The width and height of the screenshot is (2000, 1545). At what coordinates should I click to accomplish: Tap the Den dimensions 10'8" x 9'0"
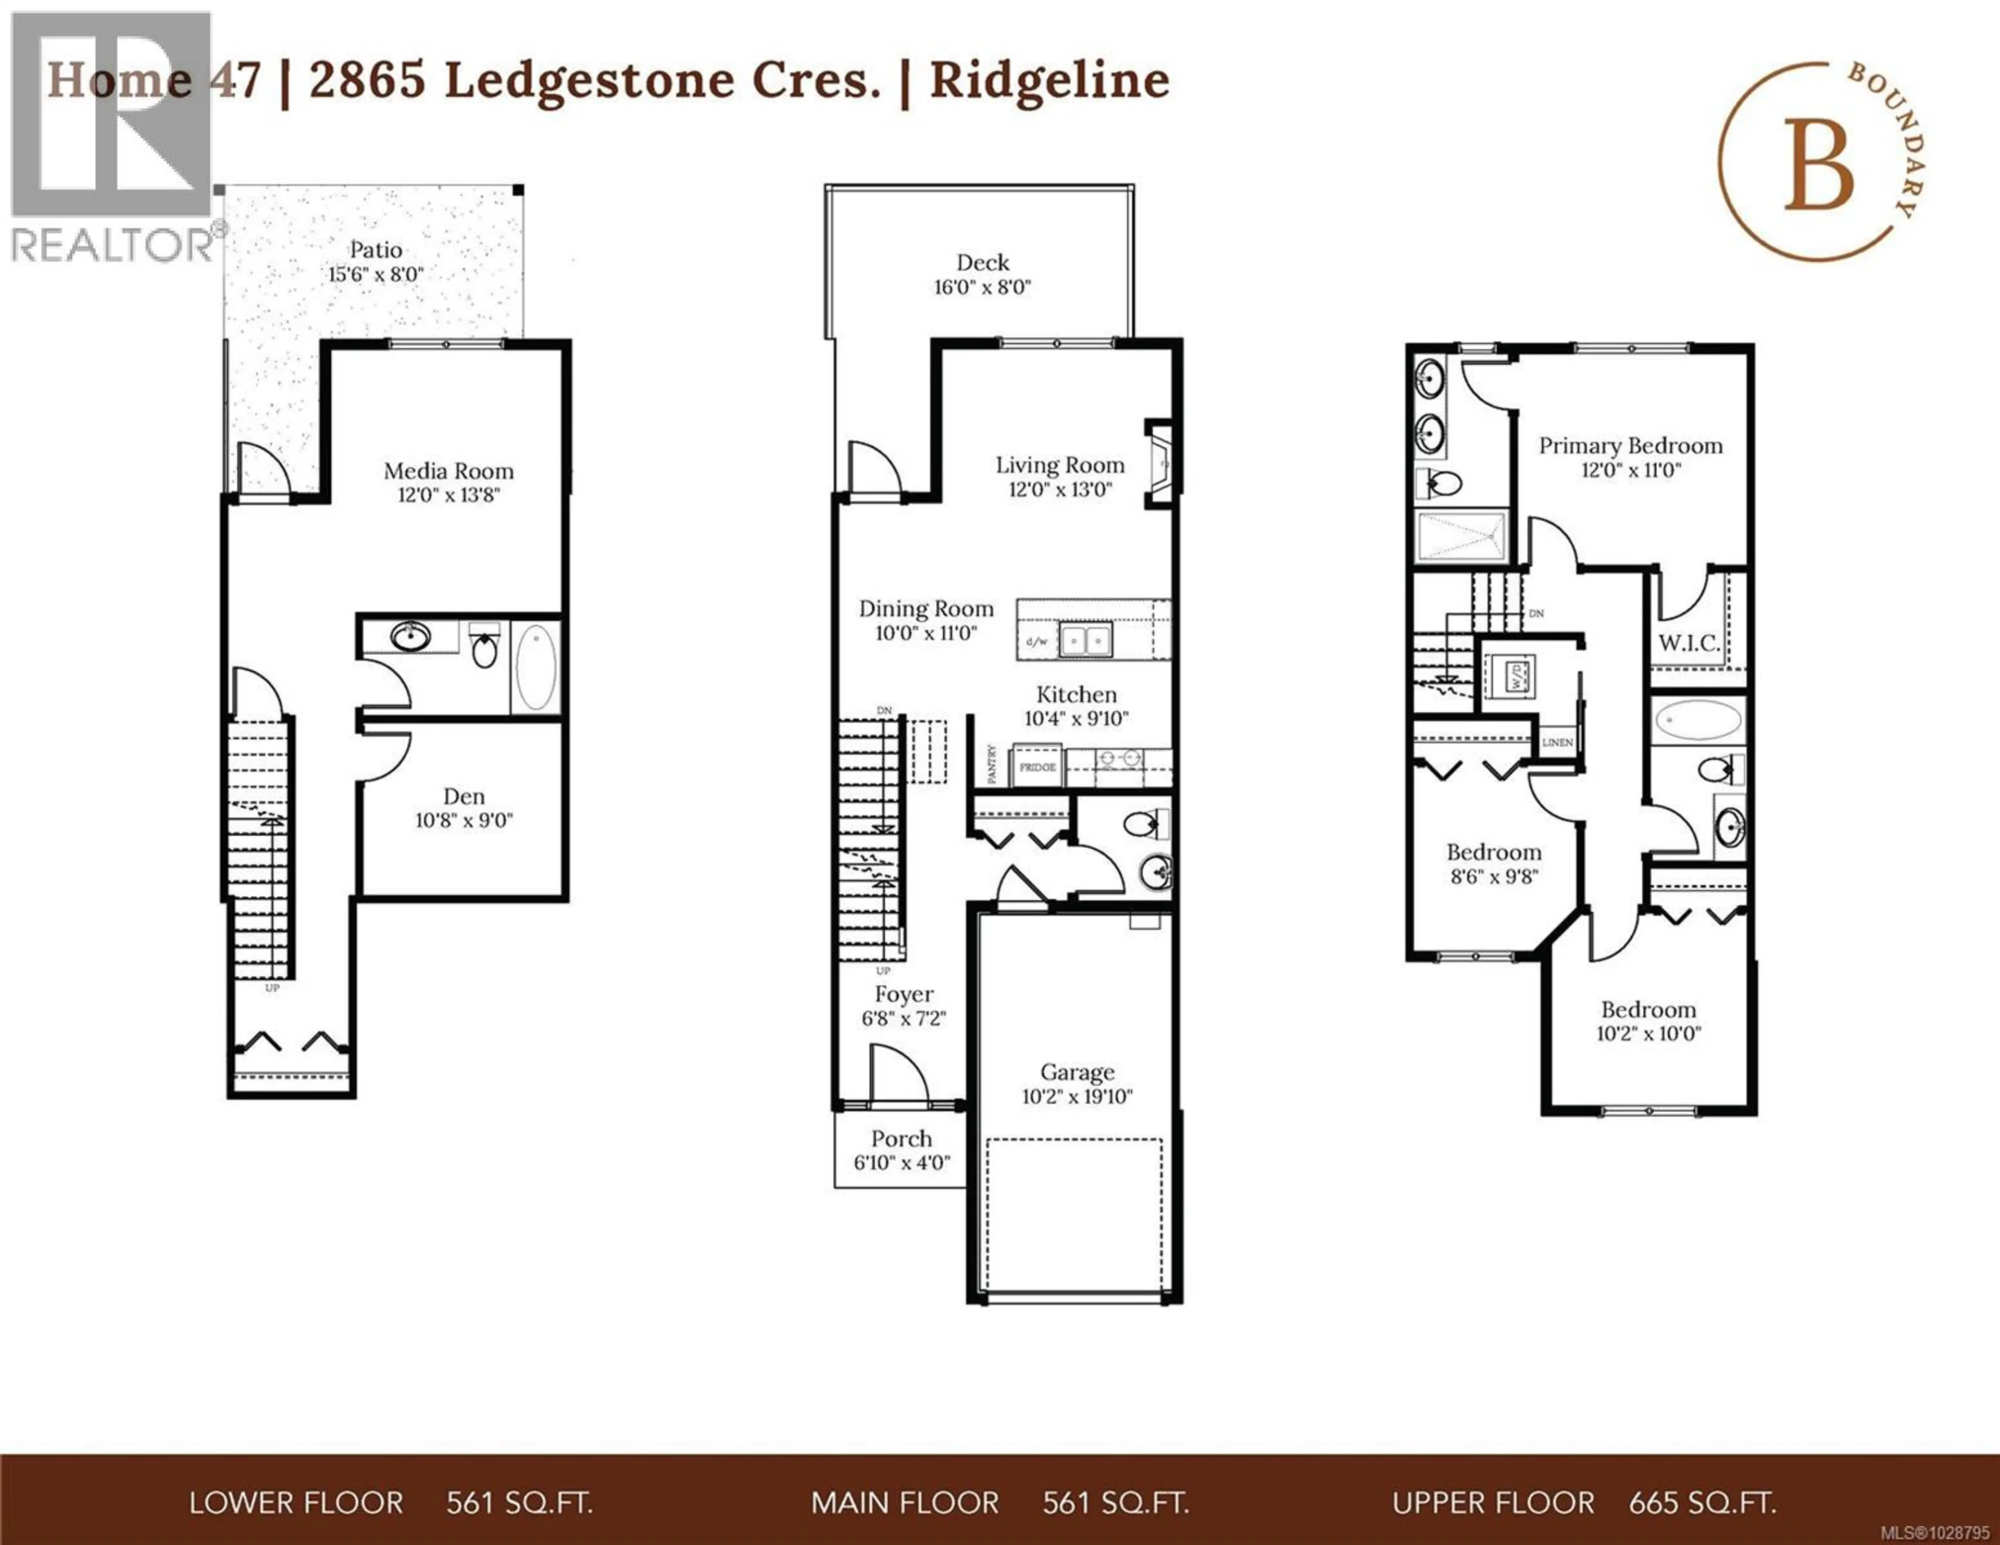pos(464,821)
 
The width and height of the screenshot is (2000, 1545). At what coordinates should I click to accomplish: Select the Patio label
pos(376,249)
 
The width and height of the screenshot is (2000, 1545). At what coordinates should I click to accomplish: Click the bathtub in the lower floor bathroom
pos(535,668)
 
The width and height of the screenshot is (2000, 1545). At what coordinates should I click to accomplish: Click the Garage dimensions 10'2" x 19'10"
pos(1077,1096)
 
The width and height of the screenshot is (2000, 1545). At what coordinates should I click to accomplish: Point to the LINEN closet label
pos(1557,743)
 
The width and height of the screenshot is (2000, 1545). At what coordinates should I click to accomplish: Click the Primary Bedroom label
pos(1630,446)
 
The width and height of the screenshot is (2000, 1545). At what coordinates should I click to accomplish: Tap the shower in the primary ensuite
pos(1461,537)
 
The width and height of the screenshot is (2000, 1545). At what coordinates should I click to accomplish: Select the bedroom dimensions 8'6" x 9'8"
pos(1494,876)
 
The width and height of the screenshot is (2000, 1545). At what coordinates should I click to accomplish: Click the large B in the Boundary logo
pos(1819,169)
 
